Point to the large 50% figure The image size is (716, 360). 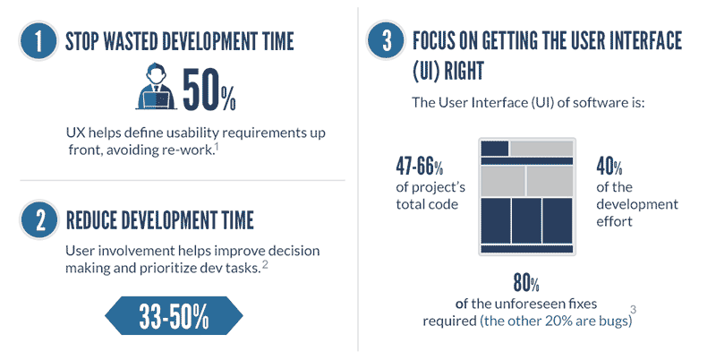click(209, 89)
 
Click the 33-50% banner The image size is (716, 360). click(174, 316)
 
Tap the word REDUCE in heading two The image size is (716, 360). click(97, 219)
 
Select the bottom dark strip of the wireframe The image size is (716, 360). click(525, 247)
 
